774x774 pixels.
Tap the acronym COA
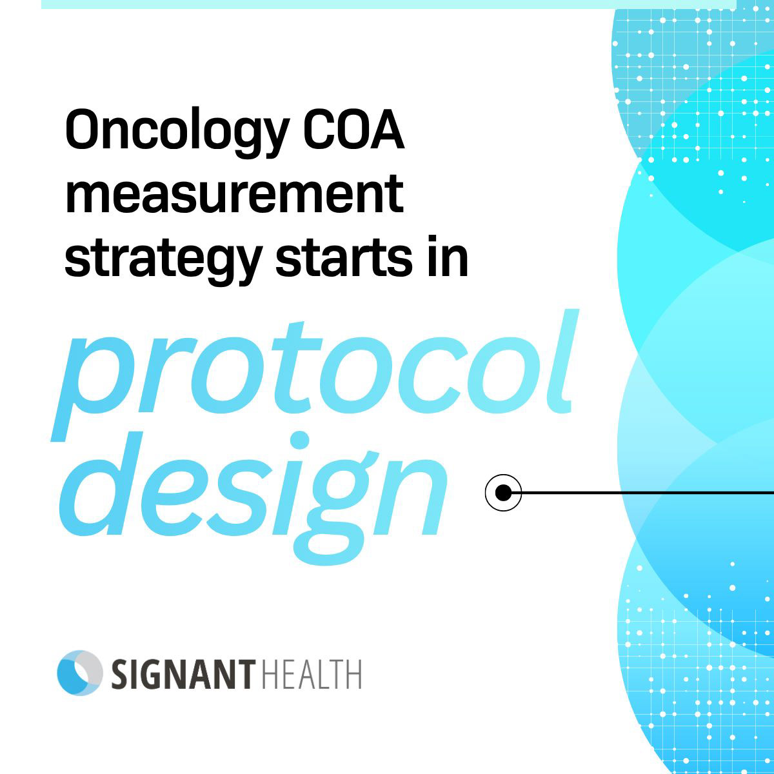point(353,128)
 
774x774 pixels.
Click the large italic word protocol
point(314,375)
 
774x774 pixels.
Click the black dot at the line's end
point(503,492)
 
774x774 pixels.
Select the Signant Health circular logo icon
point(80,672)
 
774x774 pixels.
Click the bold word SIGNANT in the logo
point(183,675)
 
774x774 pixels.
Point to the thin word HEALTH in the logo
point(312,675)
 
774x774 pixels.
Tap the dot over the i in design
point(299,441)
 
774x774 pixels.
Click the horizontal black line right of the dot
point(648,492)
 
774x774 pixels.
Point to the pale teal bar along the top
point(389,5)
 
